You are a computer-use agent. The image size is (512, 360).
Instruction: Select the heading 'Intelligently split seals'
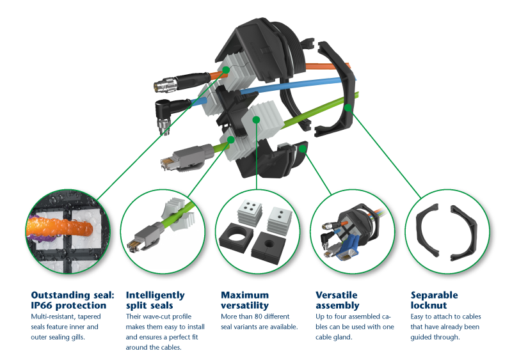click(x=156, y=301)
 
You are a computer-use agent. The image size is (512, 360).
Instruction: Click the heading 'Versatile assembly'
click(x=337, y=301)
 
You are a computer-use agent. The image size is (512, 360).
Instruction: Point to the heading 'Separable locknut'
click(x=435, y=301)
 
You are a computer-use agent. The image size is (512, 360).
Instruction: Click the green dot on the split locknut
click(x=348, y=107)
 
